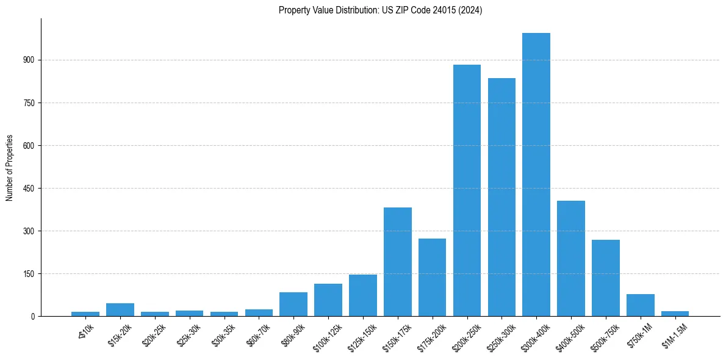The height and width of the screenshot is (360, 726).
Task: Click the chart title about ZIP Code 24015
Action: coord(380,10)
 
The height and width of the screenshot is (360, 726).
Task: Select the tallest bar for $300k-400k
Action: coord(536,175)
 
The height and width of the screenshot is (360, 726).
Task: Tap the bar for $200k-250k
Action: coord(467,190)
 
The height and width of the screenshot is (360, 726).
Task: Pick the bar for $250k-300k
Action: coord(501,197)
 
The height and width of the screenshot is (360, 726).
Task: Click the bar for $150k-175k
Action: coord(397,262)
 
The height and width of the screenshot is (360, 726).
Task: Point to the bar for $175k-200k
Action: coord(432,277)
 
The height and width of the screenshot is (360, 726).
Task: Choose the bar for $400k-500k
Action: coord(571,258)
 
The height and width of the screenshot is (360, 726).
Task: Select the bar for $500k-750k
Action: coord(606,278)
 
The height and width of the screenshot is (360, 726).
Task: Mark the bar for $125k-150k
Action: coord(362,295)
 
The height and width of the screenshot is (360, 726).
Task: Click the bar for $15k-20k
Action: coord(120,309)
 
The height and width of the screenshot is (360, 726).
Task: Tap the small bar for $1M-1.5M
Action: coord(675,314)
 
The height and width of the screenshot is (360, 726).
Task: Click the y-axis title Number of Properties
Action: coord(10,167)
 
